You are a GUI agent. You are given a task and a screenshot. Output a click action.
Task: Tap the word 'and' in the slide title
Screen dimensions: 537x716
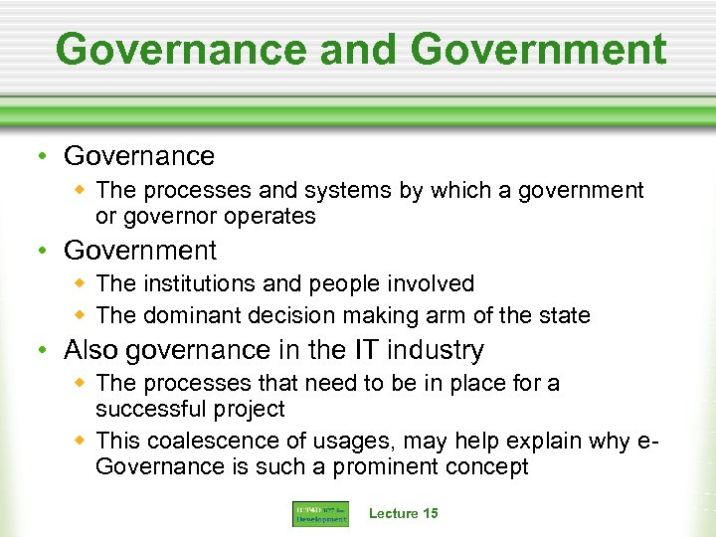341,49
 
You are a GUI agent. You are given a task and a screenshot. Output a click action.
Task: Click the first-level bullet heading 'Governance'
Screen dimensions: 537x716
139,156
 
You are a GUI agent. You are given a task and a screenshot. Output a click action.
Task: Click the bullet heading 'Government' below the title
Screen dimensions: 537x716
140,251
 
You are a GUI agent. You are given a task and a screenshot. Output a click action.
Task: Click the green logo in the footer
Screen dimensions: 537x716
320,513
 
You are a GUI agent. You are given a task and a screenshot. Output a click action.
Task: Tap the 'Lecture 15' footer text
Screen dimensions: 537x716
403,513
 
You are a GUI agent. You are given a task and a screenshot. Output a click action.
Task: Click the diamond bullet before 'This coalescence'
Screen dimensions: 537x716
82,440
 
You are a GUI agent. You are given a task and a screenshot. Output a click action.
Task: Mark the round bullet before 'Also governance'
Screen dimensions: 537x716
46,351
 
